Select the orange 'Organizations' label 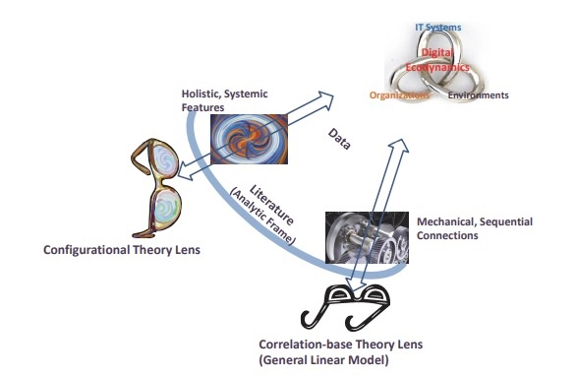[x=399, y=96]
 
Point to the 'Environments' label [x=478, y=96]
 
